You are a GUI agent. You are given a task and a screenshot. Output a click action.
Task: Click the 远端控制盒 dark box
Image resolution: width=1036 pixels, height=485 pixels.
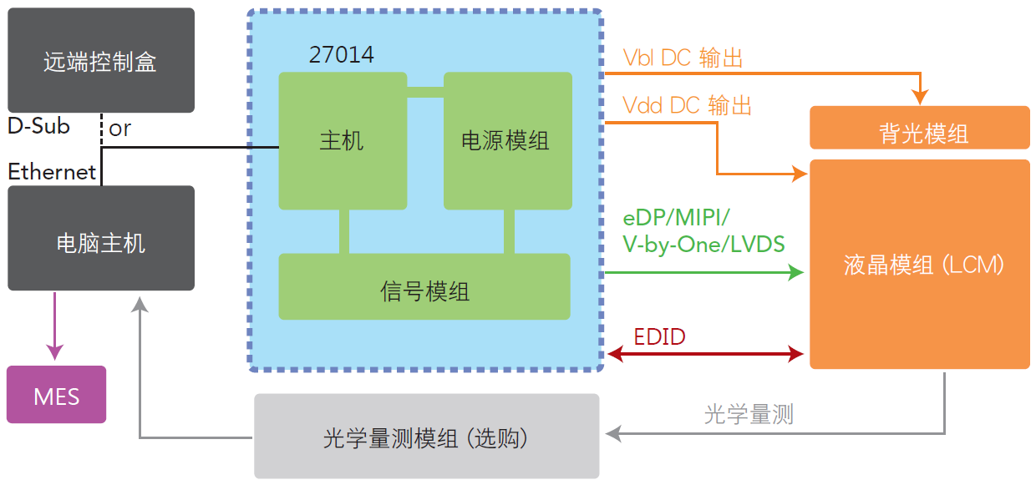pos(101,60)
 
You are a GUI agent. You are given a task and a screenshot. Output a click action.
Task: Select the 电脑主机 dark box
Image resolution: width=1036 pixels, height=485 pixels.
pos(101,238)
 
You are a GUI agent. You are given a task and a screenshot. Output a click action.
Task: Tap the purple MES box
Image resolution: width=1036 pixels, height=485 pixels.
pos(57,395)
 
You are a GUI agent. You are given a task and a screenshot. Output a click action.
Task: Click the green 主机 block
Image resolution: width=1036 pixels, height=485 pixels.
pos(343,141)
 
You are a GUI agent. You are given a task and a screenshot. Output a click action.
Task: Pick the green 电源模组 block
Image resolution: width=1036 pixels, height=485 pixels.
pos(508,141)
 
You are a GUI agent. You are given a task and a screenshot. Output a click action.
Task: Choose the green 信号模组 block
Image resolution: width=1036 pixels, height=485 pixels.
pos(424,286)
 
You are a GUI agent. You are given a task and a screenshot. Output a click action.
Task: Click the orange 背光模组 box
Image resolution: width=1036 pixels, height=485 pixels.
pos(919,128)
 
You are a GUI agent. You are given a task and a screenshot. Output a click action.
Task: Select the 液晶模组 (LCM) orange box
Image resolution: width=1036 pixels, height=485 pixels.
pos(919,265)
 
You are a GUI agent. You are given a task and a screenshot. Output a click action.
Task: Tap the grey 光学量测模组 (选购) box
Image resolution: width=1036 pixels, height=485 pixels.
pos(426,436)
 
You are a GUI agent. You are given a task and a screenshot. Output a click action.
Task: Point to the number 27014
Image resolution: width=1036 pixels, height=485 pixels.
pos(342,54)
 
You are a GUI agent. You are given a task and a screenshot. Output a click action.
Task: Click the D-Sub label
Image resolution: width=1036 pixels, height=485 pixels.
pos(38,126)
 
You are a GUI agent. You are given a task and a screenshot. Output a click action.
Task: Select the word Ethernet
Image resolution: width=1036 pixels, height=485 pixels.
pos(52,172)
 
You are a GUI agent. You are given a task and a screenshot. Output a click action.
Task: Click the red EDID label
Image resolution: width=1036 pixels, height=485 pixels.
pos(659,336)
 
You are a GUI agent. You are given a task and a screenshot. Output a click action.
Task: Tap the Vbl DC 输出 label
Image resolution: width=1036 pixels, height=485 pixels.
pos(683,58)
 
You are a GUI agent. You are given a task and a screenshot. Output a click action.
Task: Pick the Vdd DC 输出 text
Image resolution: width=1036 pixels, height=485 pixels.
pos(687,105)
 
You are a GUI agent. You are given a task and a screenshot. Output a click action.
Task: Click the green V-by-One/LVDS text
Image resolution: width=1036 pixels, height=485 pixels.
pos(703,245)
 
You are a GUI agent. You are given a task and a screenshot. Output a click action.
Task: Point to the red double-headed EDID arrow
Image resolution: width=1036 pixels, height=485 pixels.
pos(705,354)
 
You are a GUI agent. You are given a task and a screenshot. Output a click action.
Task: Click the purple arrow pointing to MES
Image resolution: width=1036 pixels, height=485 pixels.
pos(54,326)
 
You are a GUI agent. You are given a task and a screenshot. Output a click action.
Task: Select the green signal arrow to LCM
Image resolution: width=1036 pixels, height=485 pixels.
pos(704,272)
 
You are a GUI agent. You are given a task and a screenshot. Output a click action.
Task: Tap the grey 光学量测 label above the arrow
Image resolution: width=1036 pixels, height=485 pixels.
pos(749,414)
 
